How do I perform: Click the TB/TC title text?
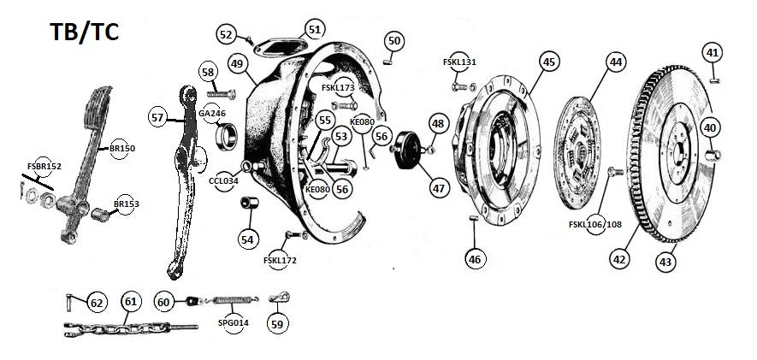coord(83,32)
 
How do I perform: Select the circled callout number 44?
coord(615,62)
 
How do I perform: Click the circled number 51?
coord(315,30)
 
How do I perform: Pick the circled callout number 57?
coord(157,117)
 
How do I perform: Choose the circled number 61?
coord(130,301)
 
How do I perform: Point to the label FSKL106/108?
coord(596,225)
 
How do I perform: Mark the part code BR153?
coord(126,204)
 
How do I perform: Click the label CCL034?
coord(222,181)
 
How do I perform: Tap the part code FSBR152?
coord(44,166)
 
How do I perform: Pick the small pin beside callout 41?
coord(713,80)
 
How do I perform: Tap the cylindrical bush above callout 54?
coord(250,205)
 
